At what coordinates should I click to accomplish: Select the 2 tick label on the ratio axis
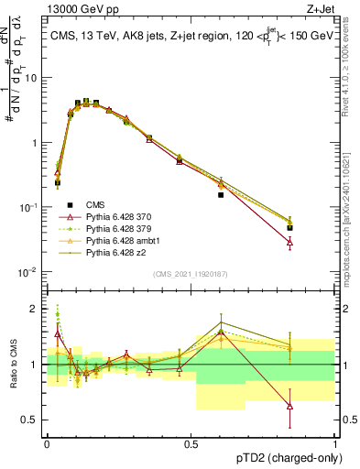pos(35,309)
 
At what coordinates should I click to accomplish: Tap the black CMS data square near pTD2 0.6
pos(221,195)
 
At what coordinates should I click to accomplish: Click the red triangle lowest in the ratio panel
pos(290,406)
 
